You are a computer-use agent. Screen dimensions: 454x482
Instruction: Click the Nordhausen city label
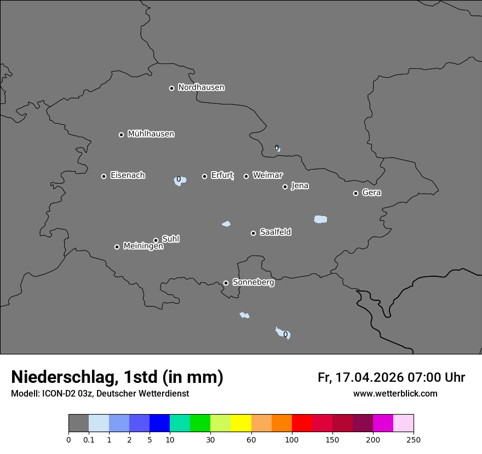pyautogui.click(x=201, y=88)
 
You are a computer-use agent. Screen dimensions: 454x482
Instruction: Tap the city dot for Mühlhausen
pyautogui.click(x=121, y=135)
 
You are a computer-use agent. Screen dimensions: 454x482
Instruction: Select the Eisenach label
pyautogui.click(x=128, y=176)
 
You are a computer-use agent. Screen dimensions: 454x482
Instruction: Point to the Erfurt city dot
pyautogui.click(x=204, y=176)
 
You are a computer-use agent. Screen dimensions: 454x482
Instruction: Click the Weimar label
pyautogui.click(x=267, y=176)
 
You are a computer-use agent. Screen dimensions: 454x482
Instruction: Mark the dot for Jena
pyautogui.click(x=285, y=187)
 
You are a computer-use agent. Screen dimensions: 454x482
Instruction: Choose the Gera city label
pyautogui.click(x=371, y=193)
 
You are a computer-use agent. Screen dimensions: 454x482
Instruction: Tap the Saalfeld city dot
pyautogui.click(x=253, y=233)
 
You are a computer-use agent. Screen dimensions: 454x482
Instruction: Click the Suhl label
pyautogui.click(x=170, y=239)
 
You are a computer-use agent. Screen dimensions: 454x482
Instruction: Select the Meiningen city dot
pyautogui.click(x=117, y=247)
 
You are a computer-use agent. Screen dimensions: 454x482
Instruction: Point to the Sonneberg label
pyautogui.click(x=253, y=282)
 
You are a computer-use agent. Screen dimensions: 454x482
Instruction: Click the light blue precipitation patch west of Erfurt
pyautogui.click(x=180, y=181)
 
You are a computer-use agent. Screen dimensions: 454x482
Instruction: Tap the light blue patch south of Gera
pyautogui.click(x=320, y=219)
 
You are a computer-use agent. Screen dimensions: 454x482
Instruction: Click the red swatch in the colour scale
pyautogui.click(x=302, y=423)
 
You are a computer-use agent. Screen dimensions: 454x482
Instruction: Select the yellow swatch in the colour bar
pyautogui.click(x=241, y=423)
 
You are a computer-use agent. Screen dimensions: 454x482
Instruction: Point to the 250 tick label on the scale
pyautogui.click(x=414, y=440)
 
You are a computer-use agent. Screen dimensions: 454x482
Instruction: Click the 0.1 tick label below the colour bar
pyautogui.click(x=89, y=440)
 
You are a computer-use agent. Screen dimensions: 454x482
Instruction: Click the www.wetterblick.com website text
pyautogui.click(x=395, y=393)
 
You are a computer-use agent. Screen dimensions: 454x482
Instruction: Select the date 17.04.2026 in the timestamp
pyautogui.click(x=370, y=377)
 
